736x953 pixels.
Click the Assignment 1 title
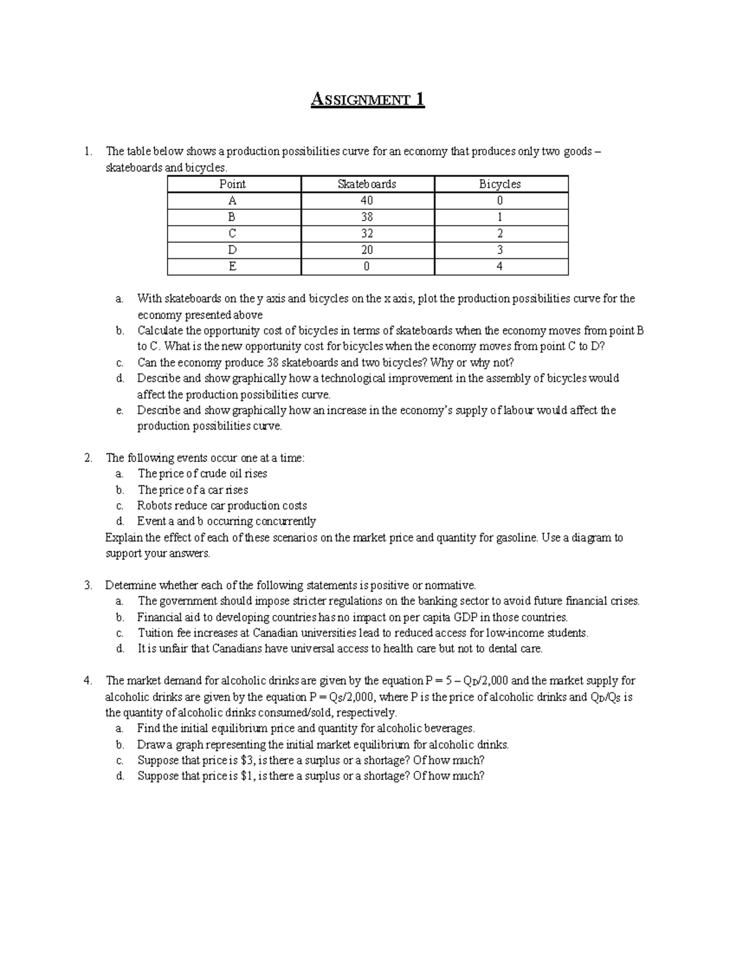[x=367, y=99]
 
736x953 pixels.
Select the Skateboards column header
[x=367, y=184]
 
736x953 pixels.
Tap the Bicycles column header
[x=500, y=184]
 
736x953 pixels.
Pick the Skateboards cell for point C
[x=367, y=233]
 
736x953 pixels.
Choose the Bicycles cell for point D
[x=500, y=250]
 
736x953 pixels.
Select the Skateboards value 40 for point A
[x=367, y=201]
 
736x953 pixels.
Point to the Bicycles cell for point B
[x=500, y=217]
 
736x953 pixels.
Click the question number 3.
[x=88, y=585]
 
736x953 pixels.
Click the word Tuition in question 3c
[x=156, y=633]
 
